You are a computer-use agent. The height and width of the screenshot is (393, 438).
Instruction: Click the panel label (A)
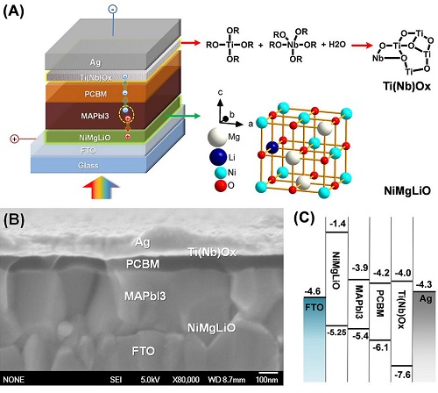[x=13, y=11]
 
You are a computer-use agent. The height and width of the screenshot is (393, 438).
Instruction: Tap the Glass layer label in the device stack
[x=88, y=166]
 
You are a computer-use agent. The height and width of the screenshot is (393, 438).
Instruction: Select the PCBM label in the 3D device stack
[x=95, y=94]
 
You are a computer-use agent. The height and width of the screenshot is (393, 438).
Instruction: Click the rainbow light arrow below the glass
[x=101, y=188]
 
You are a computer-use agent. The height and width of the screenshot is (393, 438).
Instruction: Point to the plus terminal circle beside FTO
[x=14, y=139]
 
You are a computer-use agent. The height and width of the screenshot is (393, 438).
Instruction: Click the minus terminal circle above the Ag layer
[x=113, y=9]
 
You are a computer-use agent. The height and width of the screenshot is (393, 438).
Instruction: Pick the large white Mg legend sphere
[x=217, y=137]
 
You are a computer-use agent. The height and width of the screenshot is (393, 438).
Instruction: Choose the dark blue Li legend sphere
[x=218, y=157]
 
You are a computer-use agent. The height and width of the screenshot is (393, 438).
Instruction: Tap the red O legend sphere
[x=221, y=186]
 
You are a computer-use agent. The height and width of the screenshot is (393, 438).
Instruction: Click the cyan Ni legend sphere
[x=221, y=173]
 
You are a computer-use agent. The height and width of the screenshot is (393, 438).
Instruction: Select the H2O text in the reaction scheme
[x=337, y=45]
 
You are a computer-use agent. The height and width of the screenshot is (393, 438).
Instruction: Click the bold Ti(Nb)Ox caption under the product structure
[x=406, y=87]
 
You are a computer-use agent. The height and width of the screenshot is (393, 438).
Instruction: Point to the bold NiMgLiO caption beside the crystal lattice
[x=407, y=191]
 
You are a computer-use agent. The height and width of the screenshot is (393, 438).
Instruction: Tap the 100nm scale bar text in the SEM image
[x=267, y=380]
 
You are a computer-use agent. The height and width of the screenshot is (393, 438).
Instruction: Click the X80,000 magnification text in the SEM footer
[x=186, y=380]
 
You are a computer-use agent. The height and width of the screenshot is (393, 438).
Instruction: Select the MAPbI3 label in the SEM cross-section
[x=145, y=297]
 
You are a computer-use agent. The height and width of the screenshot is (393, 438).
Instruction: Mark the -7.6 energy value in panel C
[x=402, y=375]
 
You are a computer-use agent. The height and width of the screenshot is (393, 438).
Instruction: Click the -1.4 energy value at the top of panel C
[x=338, y=224]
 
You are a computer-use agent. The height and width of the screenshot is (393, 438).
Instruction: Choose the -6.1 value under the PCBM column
[x=380, y=347]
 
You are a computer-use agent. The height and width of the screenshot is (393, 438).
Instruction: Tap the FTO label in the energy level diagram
[x=314, y=307]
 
